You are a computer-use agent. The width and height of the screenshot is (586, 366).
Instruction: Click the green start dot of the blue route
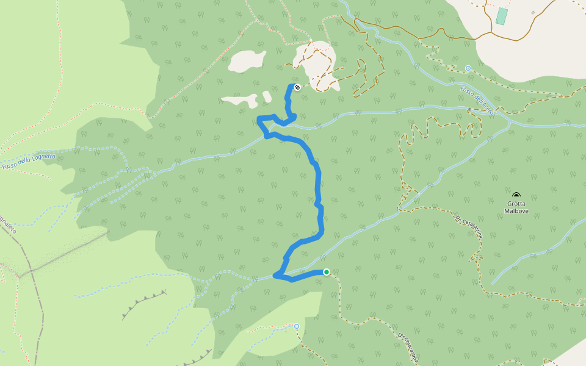327,272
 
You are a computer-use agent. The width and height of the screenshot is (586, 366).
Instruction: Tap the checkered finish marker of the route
297,87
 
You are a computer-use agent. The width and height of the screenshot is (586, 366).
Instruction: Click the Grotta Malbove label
516,207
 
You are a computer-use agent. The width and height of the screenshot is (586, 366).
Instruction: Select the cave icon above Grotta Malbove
516,195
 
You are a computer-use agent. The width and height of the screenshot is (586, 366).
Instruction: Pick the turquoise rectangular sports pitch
501,16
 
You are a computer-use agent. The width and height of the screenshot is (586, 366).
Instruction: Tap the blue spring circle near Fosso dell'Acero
468,68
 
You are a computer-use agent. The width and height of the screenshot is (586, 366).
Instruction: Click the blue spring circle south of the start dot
297,326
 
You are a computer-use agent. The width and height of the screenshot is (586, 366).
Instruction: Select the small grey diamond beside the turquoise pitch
533,12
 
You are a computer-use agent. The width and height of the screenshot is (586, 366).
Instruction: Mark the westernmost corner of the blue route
259,118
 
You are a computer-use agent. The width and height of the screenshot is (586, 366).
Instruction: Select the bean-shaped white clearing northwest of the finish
247,60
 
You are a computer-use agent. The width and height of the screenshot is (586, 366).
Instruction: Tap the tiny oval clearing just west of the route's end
267,96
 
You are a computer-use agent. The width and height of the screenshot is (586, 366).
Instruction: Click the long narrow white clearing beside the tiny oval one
240,101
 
